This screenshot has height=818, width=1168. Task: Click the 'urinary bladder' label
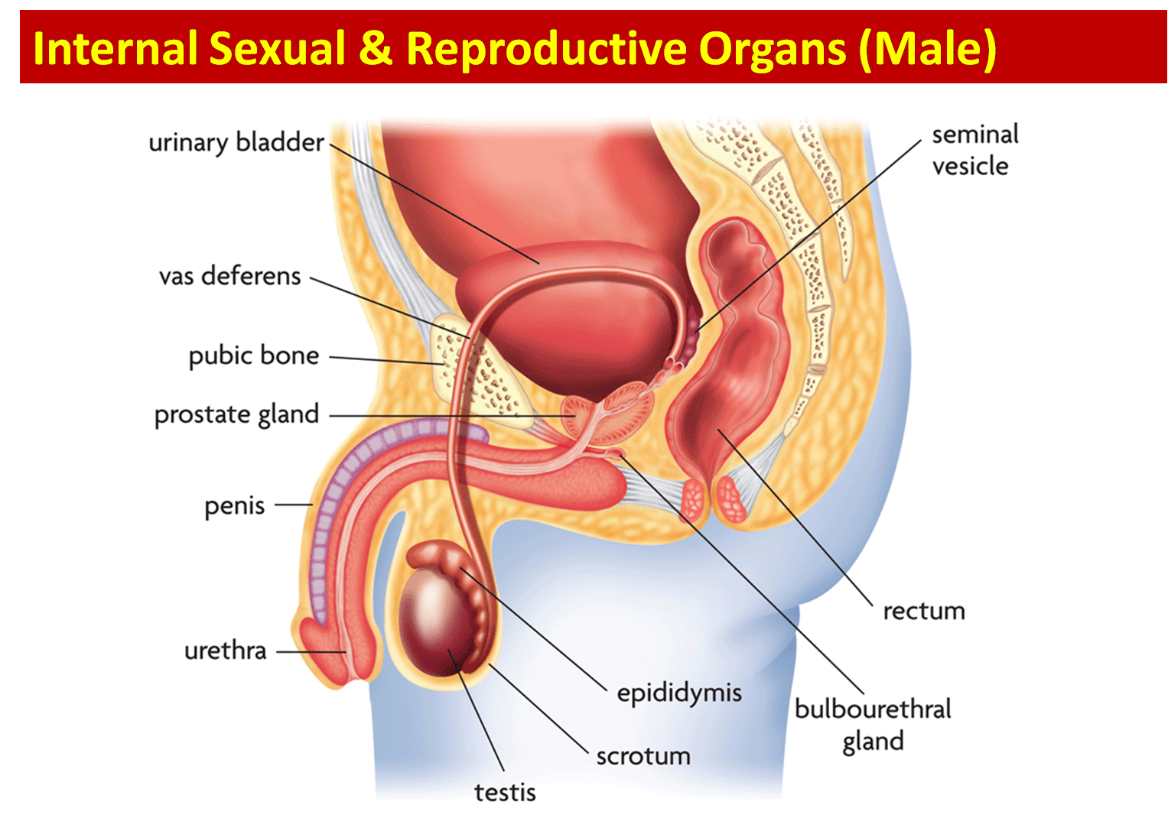pyautogui.click(x=236, y=143)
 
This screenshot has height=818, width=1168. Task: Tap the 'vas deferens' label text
pyautogui.click(x=229, y=276)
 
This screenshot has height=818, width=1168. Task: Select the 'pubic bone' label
pyautogui.click(x=253, y=355)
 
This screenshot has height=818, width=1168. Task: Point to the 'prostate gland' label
pyautogui.click(x=236, y=414)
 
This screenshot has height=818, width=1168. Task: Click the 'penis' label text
pyautogui.click(x=234, y=506)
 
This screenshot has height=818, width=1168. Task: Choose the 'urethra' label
pyautogui.click(x=225, y=651)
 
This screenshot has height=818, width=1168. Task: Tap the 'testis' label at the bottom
pyautogui.click(x=505, y=792)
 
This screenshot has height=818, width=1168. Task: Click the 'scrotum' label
pyautogui.click(x=643, y=756)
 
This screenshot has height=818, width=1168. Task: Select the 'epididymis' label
pyautogui.click(x=679, y=693)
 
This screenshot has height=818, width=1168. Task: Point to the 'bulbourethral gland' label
pyautogui.click(x=873, y=725)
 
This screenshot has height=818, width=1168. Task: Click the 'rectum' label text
pyautogui.click(x=924, y=611)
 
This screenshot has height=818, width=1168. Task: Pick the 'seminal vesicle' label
pyautogui.click(x=974, y=150)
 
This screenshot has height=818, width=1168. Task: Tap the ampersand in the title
pyautogui.click(x=376, y=49)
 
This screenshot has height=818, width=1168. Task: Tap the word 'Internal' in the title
pyautogui.click(x=115, y=49)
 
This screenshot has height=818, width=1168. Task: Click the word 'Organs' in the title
pyautogui.click(x=772, y=49)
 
